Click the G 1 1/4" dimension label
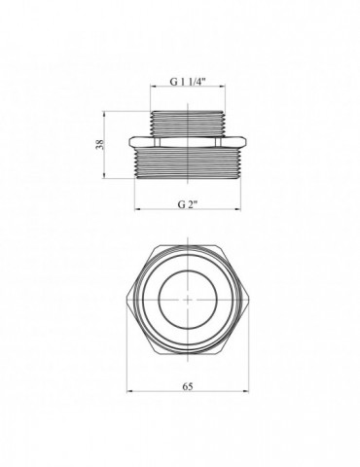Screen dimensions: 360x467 pyautogui.click(x=188, y=82)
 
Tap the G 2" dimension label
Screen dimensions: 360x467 pyautogui.click(x=188, y=204)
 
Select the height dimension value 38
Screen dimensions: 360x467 pyautogui.click(x=100, y=144)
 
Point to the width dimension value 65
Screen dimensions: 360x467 pyautogui.click(x=188, y=386)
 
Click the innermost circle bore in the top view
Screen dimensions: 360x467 pyautogui.click(x=159, y=300)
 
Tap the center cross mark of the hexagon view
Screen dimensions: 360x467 pyautogui.click(x=188, y=300)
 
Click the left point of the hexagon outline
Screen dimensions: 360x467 pyautogui.click(x=126, y=300)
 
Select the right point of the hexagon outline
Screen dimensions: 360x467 pyautogui.click(x=249, y=300)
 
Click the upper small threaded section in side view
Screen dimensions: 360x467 pyautogui.click(x=188, y=124)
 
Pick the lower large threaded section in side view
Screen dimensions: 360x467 pyautogui.click(x=188, y=162)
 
